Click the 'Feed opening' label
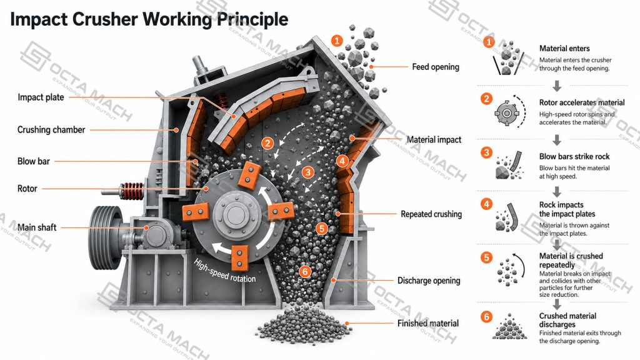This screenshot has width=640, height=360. (x=436, y=67)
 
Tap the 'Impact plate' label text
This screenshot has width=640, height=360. (x=41, y=97)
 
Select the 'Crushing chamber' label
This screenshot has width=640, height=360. (x=51, y=130)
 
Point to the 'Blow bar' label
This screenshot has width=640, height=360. (x=34, y=161)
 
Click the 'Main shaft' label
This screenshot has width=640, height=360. (x=37, y=227)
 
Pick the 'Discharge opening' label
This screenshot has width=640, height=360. (x=429, y=281)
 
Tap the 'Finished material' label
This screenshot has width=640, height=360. (x=428, y=323)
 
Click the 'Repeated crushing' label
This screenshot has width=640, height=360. (x=431, y=214)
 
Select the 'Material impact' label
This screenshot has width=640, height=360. (x=434, y=139)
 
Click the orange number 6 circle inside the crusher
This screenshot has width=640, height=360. (x=305, y=271)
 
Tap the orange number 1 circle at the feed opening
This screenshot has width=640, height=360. (x=337, y=41)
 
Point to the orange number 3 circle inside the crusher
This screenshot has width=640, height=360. (x=307, y=172)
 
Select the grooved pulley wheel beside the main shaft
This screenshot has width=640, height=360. (x=106, y=227)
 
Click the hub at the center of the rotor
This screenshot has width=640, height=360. (x=234, y=214)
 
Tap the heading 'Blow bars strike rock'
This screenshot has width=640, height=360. (x=574, y=156)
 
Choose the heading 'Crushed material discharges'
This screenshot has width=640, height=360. (x=567, y=320)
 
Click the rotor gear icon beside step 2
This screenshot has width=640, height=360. (x=506, y=112)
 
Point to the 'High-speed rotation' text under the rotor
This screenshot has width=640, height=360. (x=225, y=271)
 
